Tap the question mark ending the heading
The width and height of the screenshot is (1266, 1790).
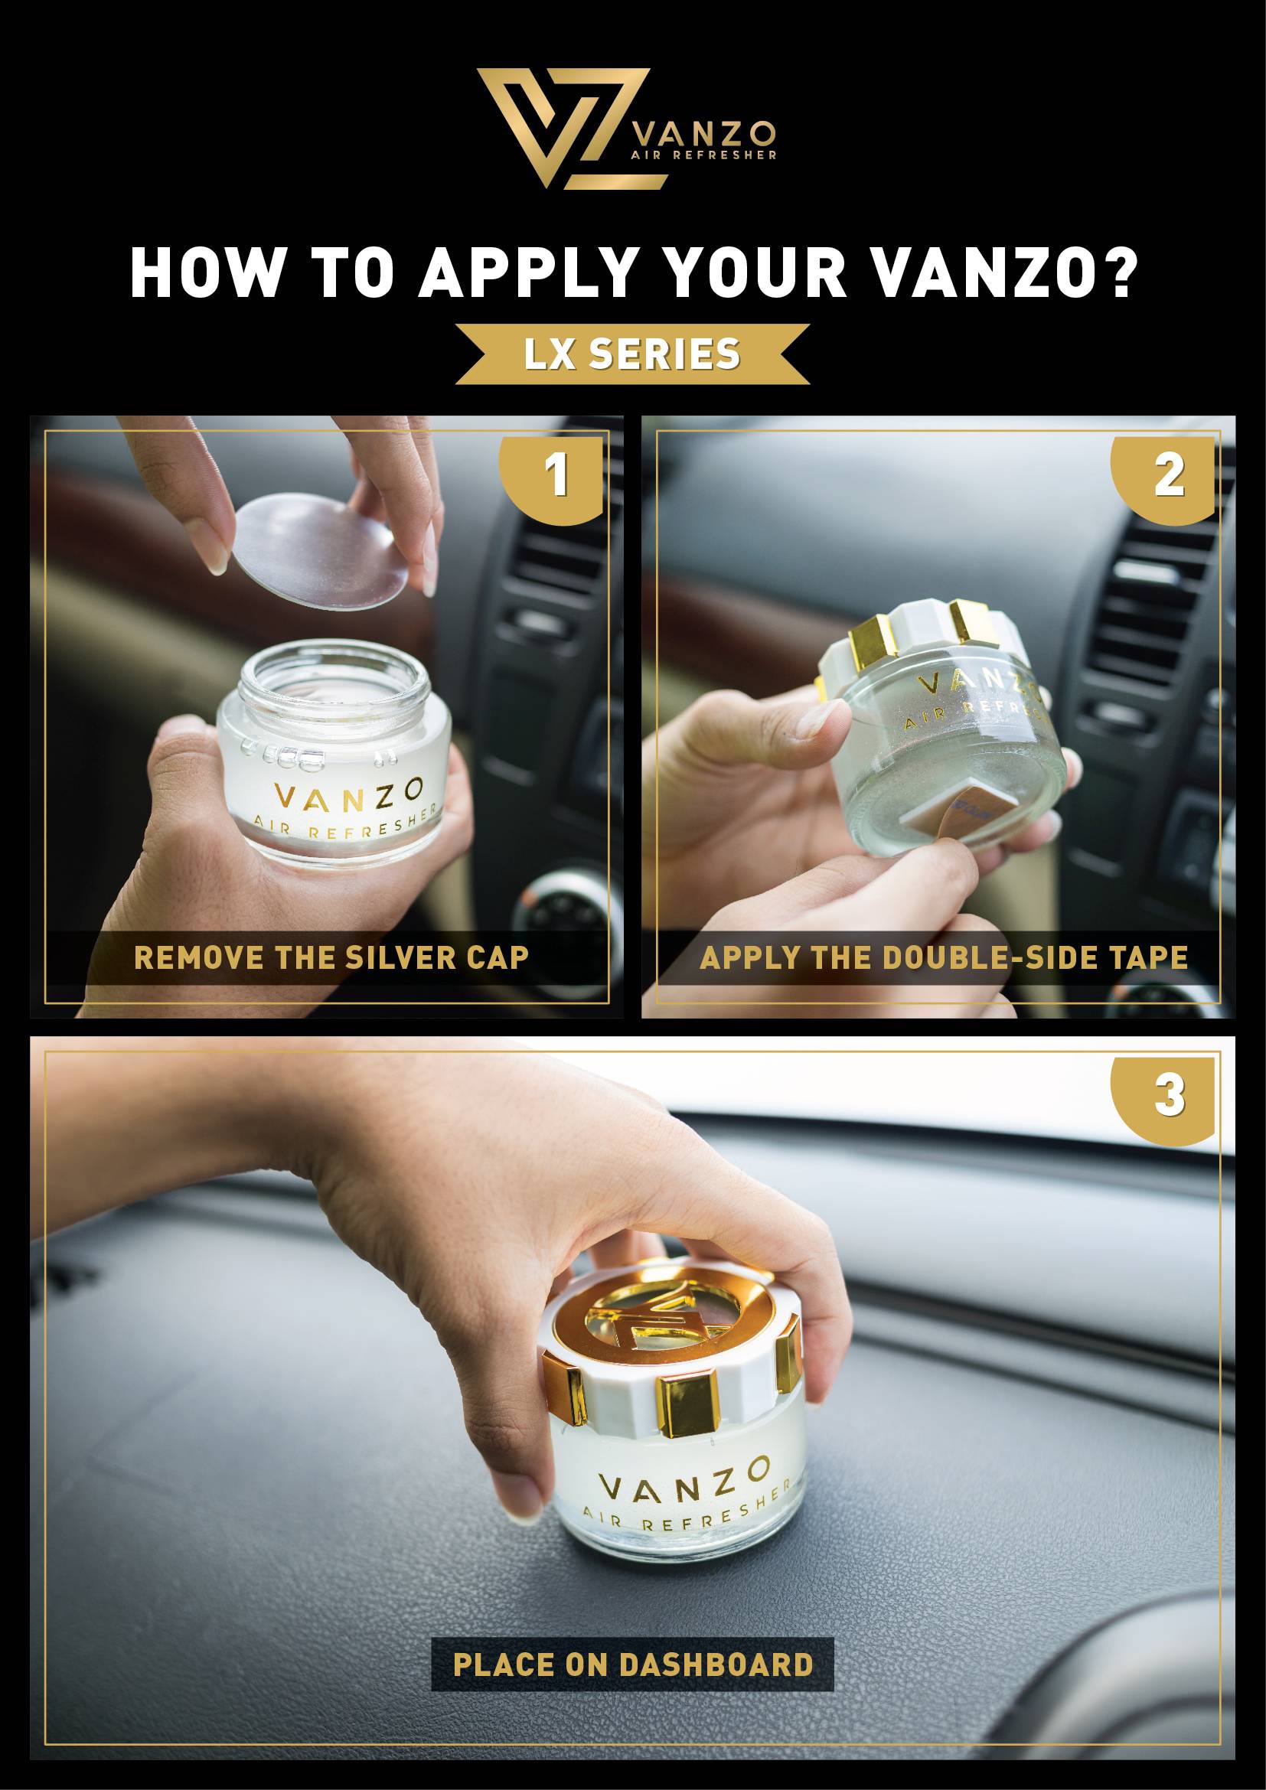(1116, 273)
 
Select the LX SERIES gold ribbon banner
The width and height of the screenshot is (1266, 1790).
(632, 355)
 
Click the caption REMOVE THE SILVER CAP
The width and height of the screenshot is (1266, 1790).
(331, 957)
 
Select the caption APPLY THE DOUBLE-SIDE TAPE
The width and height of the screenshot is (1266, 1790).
(944, 957)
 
